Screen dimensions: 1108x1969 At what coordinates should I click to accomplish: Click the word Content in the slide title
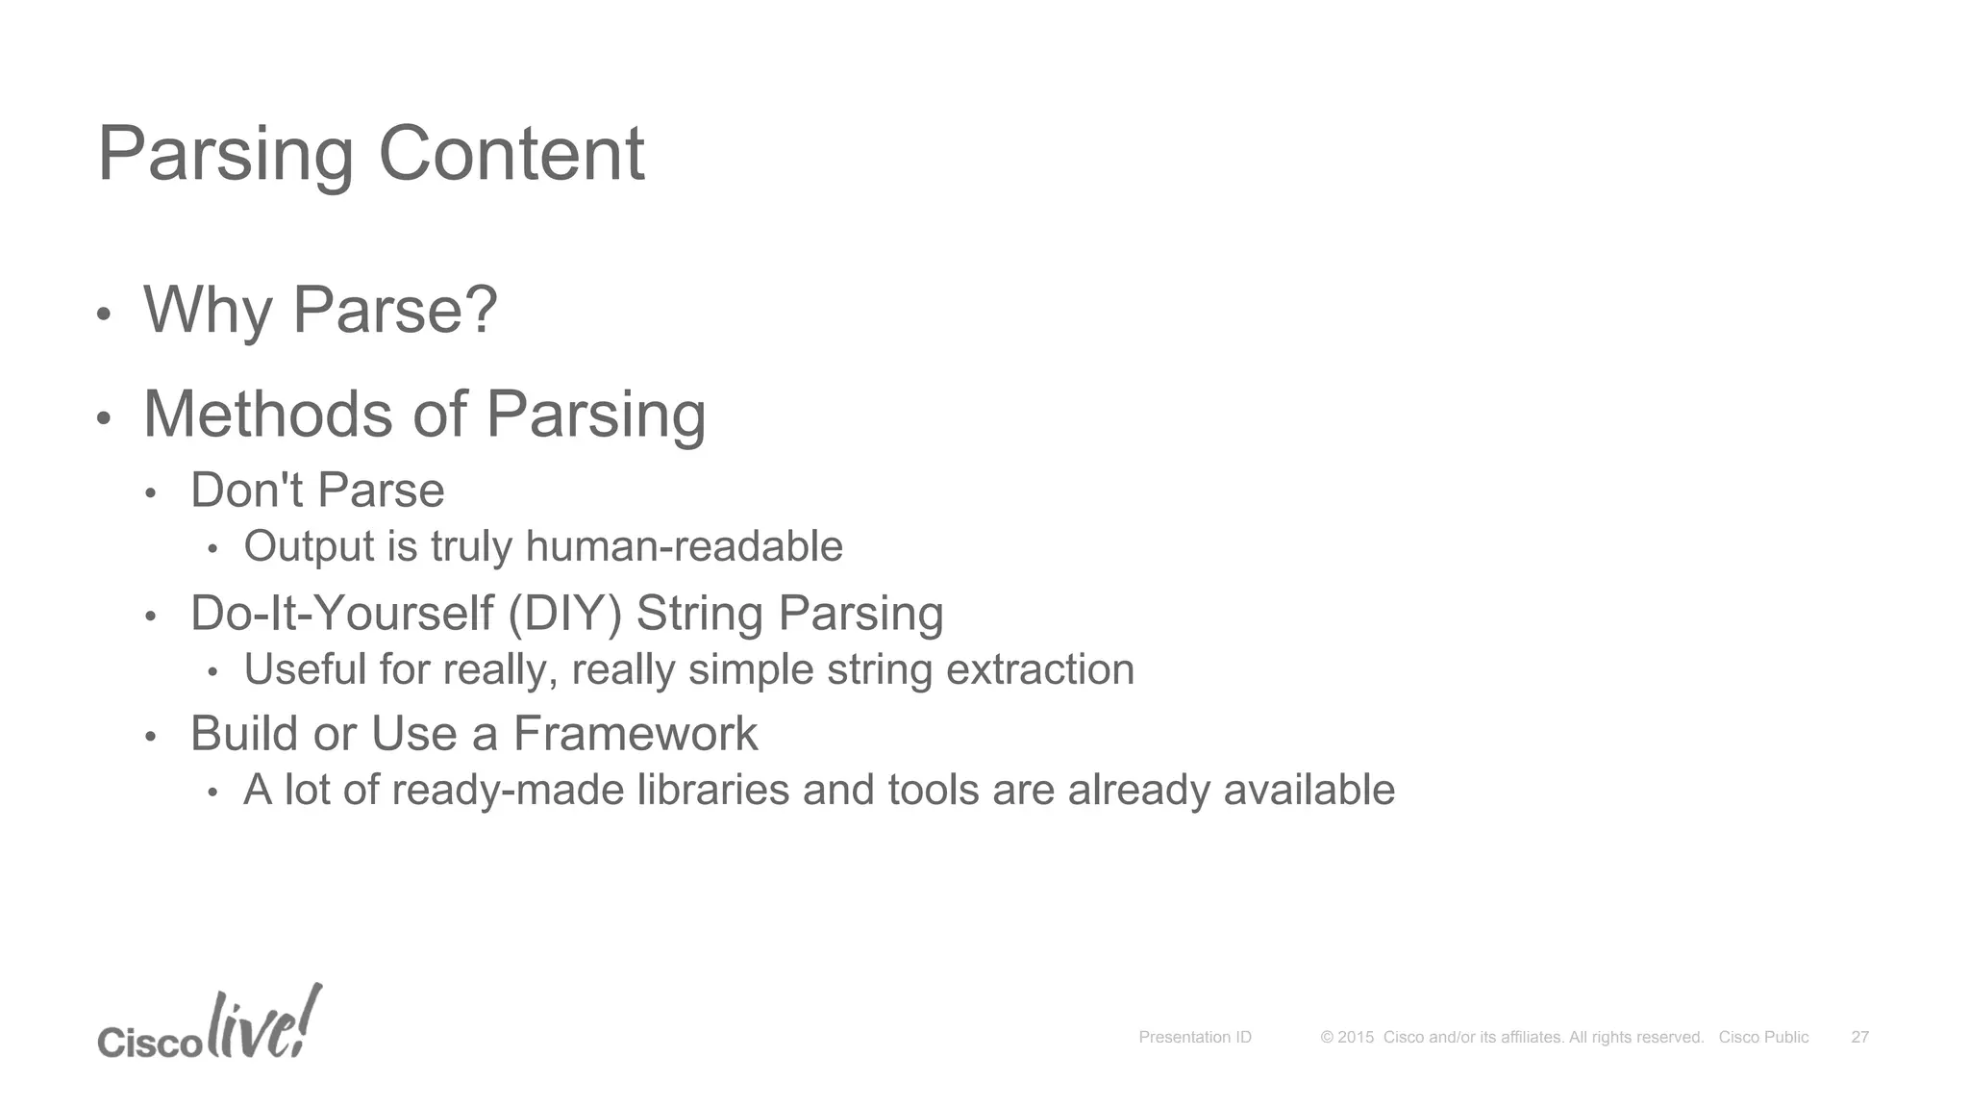(x=511, y=154)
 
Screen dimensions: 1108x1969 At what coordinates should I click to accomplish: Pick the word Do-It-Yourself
(x=341, y=614)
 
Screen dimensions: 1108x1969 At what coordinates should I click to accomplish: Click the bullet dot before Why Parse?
(x=104, y=314)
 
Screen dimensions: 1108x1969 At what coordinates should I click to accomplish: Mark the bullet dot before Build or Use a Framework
(x=150, y=738)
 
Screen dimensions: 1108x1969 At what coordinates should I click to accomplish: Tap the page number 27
(x=1859, y=1037)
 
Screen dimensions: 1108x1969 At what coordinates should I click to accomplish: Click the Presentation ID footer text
(x=1195, y=1037)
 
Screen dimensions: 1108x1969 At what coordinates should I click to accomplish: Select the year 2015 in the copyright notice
(x=1356, y=1037)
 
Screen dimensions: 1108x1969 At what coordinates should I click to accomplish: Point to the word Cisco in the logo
(x=149, y=1043)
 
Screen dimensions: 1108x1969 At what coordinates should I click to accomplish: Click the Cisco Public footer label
(x=1763, y=1037)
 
